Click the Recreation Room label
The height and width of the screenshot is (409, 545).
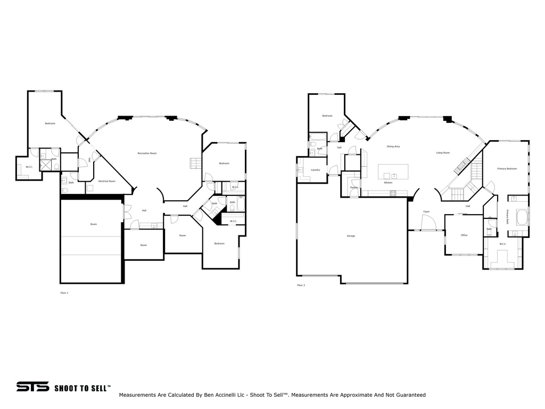coord(147,153)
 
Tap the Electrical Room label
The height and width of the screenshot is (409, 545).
coord(107,181)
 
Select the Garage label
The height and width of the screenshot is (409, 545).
coord(351,236)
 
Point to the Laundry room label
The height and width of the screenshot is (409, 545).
coord(315,170)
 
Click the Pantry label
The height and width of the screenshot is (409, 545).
coord(353,187)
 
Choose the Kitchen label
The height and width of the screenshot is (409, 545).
coord(389,183)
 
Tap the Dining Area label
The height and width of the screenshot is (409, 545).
coord(393,146)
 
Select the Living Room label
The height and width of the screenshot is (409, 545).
coord(443,153)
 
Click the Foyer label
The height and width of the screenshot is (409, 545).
coord(426,211)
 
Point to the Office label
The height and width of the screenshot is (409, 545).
coord(464,235)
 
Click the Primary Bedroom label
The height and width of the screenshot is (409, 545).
coord(507,169)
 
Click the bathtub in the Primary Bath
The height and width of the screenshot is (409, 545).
coord(521,218)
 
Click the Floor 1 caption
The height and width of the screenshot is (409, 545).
coord(64,292)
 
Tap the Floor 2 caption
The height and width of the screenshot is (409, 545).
coord(301,285)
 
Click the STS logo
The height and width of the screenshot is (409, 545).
coord(32,387)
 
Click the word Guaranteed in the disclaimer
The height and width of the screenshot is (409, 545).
coord(409,395)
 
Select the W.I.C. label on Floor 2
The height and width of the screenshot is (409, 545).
coord(502,244)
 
